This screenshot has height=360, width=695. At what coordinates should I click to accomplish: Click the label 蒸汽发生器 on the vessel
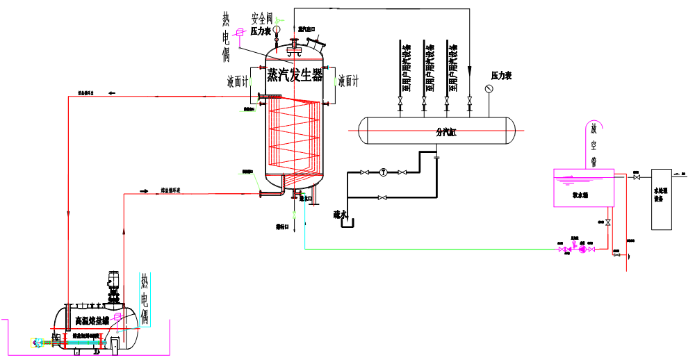[295, 74]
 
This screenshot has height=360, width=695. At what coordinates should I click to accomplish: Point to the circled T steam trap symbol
[382, 172]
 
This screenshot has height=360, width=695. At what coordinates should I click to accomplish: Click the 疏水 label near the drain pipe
[340, 215]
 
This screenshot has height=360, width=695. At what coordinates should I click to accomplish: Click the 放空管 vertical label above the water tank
[595, 146]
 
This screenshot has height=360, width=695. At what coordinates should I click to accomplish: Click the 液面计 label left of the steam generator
[237, 81]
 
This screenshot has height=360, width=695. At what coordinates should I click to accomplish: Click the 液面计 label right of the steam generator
[348, 81]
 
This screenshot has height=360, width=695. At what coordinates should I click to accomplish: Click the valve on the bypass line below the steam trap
[382, 198]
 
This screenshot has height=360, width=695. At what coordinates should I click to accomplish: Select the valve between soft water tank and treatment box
[636, 178]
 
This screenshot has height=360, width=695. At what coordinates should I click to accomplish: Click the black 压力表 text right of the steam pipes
[501, 75]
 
